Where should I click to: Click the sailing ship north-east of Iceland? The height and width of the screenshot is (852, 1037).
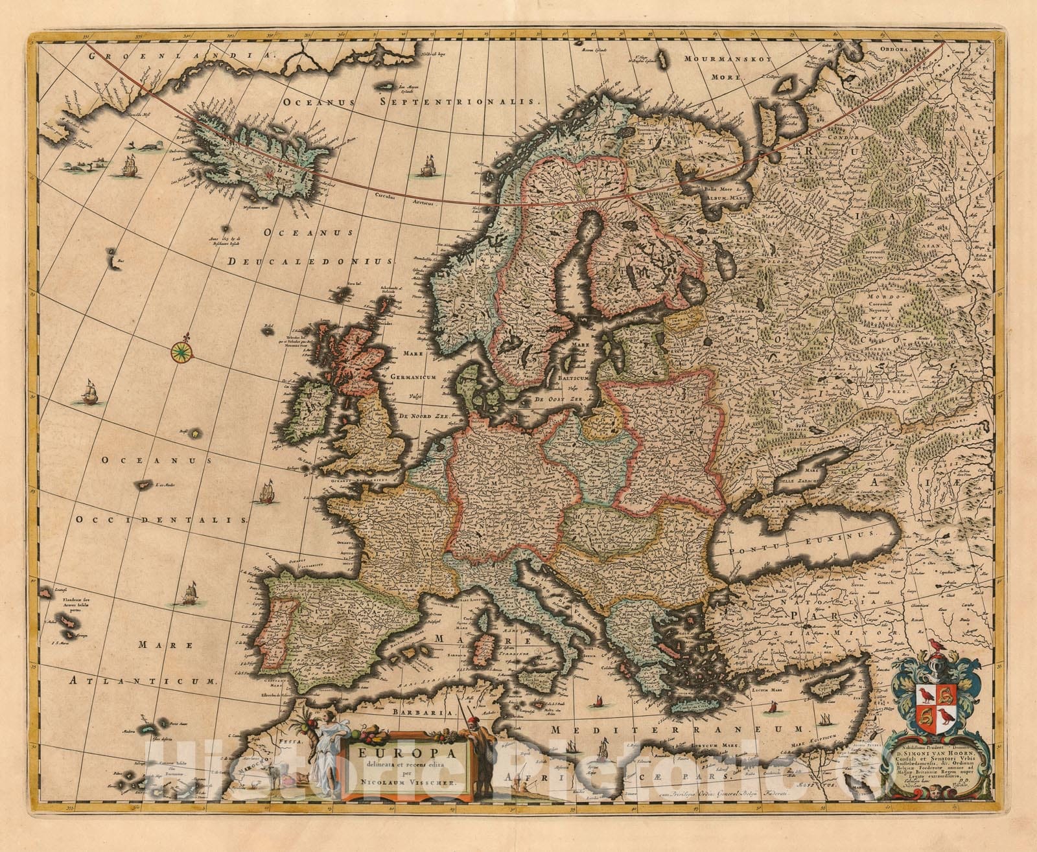pos(426,167)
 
